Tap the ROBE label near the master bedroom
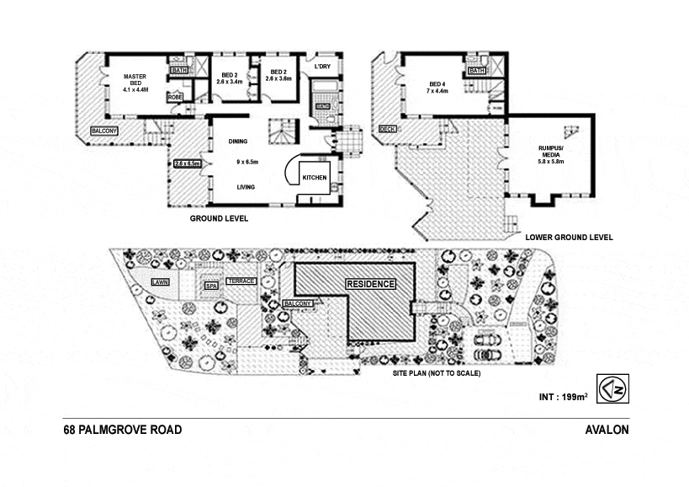coord(176,98)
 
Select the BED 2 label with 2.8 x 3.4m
coord(229,78)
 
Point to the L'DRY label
coord(322,67)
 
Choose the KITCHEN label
coord(315,179)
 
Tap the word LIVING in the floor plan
coord(246,187)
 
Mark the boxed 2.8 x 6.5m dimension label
coord(188,163)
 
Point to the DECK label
coord(387,130)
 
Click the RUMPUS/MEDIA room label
coord(551,155)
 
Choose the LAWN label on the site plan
coord(161,281)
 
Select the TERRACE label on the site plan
coord(241,281)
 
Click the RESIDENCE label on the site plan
coord(371,284)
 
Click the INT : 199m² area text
coord(562,395)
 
